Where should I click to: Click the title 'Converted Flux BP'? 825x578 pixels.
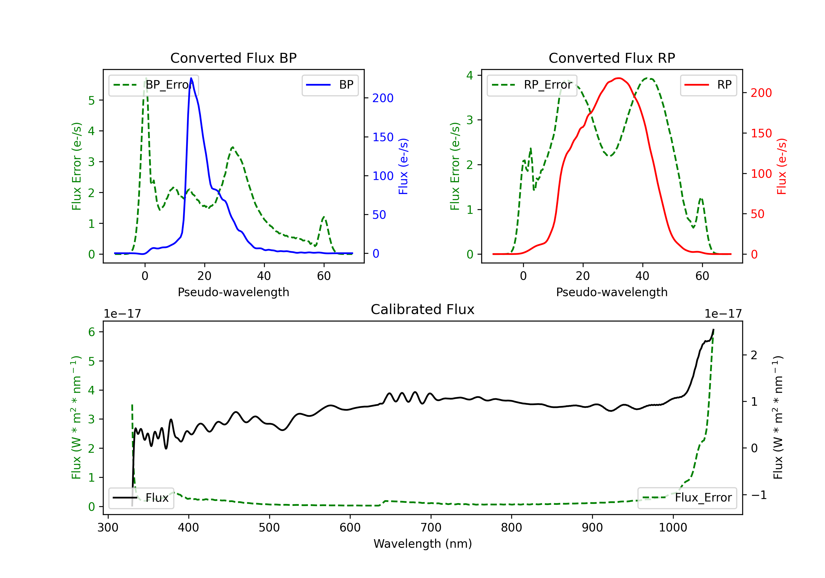click(233, 58)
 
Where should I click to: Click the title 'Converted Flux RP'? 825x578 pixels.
click(612, 58)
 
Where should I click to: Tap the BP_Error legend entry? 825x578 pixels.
click(153, 85)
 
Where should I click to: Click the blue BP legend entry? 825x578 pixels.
click(330, 85)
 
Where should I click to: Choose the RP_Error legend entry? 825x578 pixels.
click(532, 85)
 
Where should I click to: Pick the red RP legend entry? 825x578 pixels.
click(708, 85)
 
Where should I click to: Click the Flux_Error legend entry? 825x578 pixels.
click(687, 498)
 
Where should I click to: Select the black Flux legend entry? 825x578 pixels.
click(141, 498)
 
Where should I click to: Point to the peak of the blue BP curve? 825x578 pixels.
click(191, 78)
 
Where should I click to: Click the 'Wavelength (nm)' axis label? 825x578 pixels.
click(423, 544)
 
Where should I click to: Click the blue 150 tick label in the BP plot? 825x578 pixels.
click(383, 137)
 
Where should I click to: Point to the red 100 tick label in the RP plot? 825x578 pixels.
click(761, 174)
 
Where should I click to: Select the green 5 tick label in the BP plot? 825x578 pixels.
click(92, 100)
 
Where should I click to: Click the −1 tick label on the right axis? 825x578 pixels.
click(759, 495)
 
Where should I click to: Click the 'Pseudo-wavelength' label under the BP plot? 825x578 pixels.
click(233, 292)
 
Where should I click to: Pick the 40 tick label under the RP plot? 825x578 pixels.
click(642, 276)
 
